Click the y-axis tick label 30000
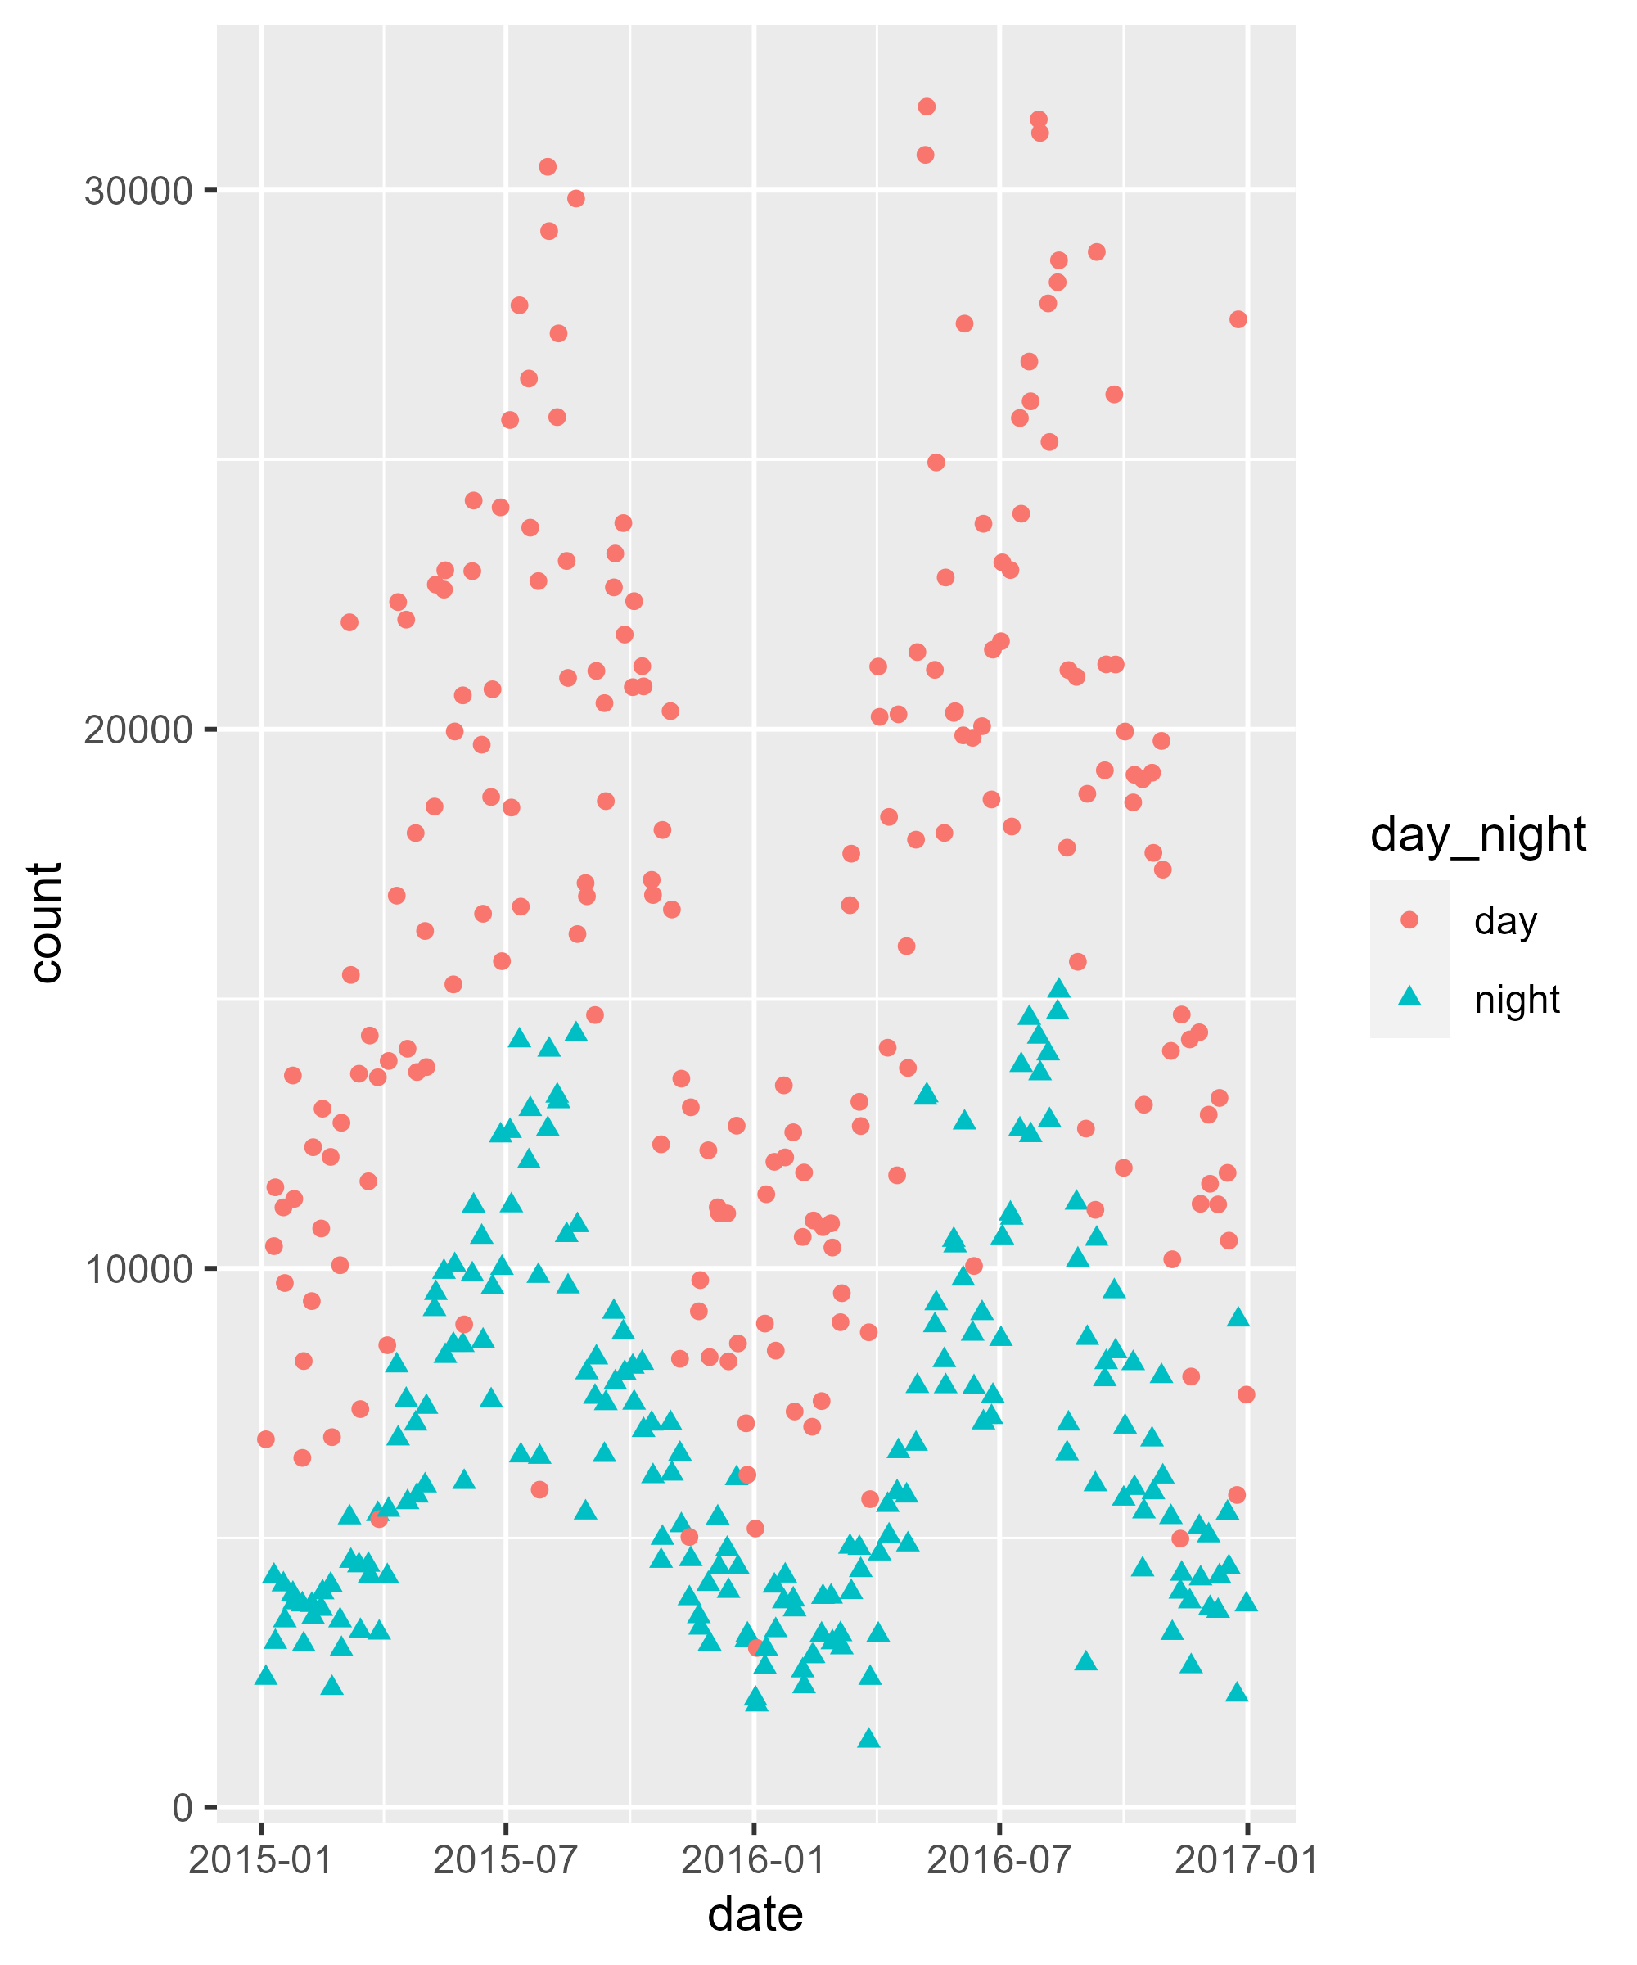(138, 191)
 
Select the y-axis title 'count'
(45, 923)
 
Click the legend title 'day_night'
(1478, 833)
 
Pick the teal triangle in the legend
(1409, 997)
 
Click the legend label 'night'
(1517, 1000)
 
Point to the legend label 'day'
(1505, 921)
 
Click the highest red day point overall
(926, 106)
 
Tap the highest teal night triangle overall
(1059, 988)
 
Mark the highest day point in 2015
(548, 166)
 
